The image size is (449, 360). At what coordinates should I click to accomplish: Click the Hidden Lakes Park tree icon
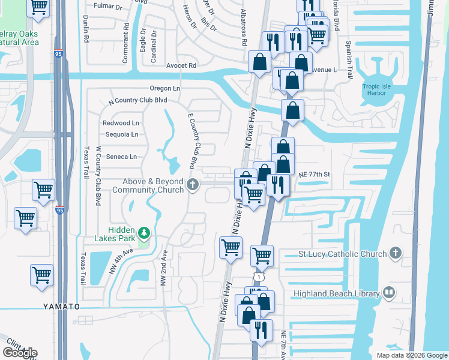pyautogui.click(x=143, y=232)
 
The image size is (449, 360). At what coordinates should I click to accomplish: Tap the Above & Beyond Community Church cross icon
pyautogui.click(x=193, y=185)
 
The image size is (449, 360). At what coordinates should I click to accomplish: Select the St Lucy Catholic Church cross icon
pyautogui.click(x=395, y=254)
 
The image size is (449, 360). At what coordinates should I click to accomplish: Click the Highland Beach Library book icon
pyautogui.click(x=388, y=293)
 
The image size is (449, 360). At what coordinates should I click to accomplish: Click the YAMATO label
pyautogui.click(x=61, y=306)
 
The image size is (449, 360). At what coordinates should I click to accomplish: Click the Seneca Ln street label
pyautogui.click(x=121, y=157)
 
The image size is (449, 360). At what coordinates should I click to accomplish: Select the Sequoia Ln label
pyautogui.click(x=122, y=134)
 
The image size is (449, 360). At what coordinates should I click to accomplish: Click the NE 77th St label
pyautogui.click(x=315, y=173)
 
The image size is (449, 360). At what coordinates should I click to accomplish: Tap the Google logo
pyautogui.click(x=20, y=353)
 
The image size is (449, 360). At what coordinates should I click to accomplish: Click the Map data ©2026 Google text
pyautogui.click(x=412, y=355)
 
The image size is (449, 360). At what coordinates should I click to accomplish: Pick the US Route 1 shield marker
pyautogui.click(x=258, y=278)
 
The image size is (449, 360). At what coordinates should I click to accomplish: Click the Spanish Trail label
pyautogui.click(x=348, y=55)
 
